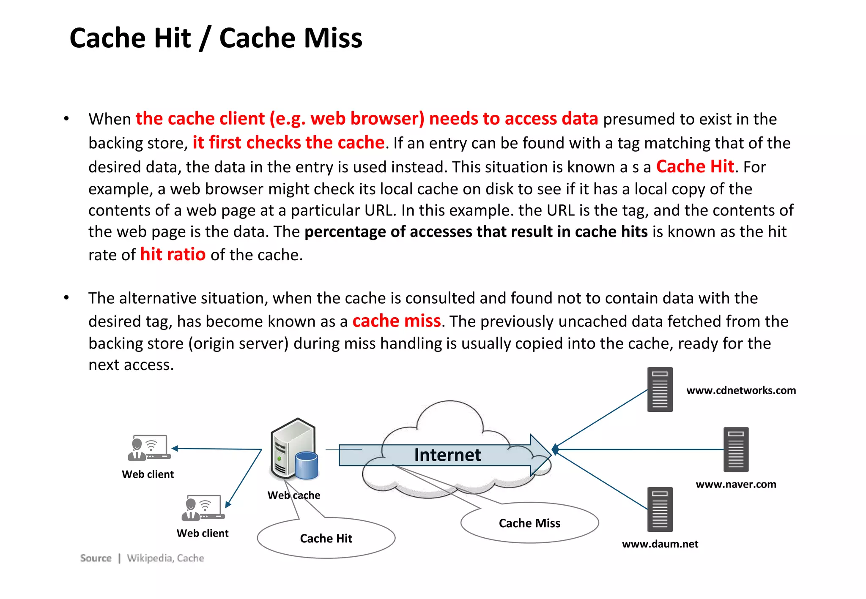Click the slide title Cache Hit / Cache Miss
coord(216,38)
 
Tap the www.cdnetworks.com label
coord(741,390)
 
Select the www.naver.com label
coord(736,484)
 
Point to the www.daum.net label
coord(660,544)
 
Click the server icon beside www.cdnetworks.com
coord(660,389)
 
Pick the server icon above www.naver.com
coord(736,449)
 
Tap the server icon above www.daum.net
coord(660,509)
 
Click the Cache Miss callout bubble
coord(529,523)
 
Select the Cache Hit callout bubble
coord(326,538)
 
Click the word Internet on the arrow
coord(447,455)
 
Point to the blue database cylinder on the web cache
coord(307,466)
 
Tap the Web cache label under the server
coord(294,495)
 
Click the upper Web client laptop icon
coord(149,448)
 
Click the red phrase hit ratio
coord(173,254)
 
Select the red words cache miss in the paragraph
coord(396,321)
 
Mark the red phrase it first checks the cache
coord(288,143)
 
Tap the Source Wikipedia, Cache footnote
coord(142,558)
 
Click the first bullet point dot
coord(66,119)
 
